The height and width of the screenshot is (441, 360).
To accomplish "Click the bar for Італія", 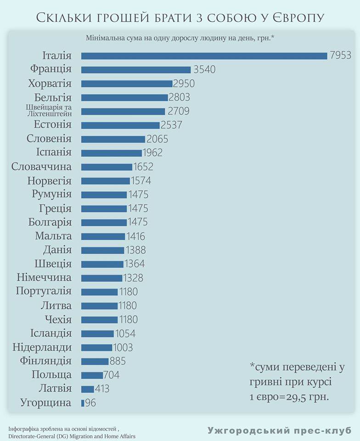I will coord(204,56).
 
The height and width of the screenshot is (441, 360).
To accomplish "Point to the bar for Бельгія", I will coord(124,97).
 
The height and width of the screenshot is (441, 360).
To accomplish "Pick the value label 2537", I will coord(171,125).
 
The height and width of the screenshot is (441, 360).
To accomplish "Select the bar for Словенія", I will coord(113,139).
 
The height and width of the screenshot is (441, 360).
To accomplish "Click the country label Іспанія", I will coord(53,153).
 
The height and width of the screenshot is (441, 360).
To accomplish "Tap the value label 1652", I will coord(143,167).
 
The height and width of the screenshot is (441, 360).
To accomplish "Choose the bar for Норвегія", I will coord(106,181).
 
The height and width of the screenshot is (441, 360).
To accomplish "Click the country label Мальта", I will coord(53,236).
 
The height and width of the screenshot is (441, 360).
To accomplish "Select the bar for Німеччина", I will coord(102,278).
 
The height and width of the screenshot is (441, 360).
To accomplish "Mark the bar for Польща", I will coord(92,375).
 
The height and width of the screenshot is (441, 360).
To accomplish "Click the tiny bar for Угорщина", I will coord(83,403).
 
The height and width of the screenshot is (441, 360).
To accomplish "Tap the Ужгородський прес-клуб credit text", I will coord(279,430).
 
